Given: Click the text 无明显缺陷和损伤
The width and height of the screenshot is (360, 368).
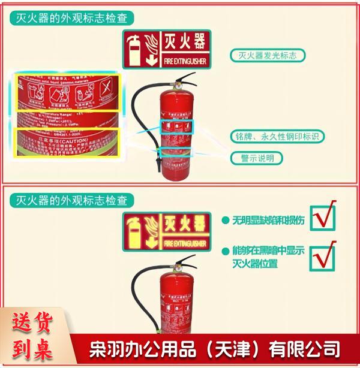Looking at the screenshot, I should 268,221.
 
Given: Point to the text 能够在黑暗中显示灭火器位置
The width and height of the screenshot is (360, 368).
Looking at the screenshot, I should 268,257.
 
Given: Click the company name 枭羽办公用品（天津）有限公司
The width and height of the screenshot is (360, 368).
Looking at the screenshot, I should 215,348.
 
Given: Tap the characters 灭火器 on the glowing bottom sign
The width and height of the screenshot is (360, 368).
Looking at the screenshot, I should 184,227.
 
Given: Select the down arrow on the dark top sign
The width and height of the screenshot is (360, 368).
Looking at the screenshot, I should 151,59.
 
